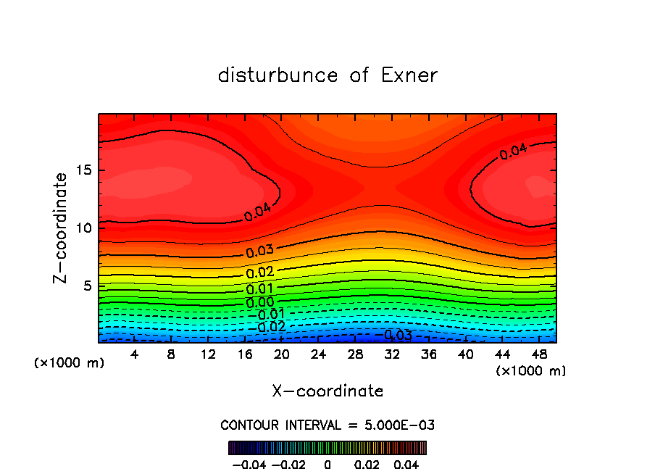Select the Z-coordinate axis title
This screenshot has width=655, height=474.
click(x=62, y=228)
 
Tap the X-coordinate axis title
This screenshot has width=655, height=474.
click(x=327, y=391)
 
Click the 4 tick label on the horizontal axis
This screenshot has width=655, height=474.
click(x=135, y=354)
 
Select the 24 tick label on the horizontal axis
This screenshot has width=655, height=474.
click(x=318, y=354)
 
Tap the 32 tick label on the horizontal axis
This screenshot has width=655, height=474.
click(x=391, y=354)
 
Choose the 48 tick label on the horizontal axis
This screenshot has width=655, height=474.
click(x=538, y=354)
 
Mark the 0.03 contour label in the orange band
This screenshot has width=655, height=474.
click(x=259, y=252)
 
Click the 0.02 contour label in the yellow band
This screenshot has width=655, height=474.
click(x=259, y=273)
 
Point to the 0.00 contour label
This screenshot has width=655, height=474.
click(x=259, y=302)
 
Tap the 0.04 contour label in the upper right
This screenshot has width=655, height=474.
click(x=514, y=151)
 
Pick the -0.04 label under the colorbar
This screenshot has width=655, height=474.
click(x=247, y=464)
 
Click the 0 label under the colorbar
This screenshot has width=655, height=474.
click(x=327, y=464)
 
